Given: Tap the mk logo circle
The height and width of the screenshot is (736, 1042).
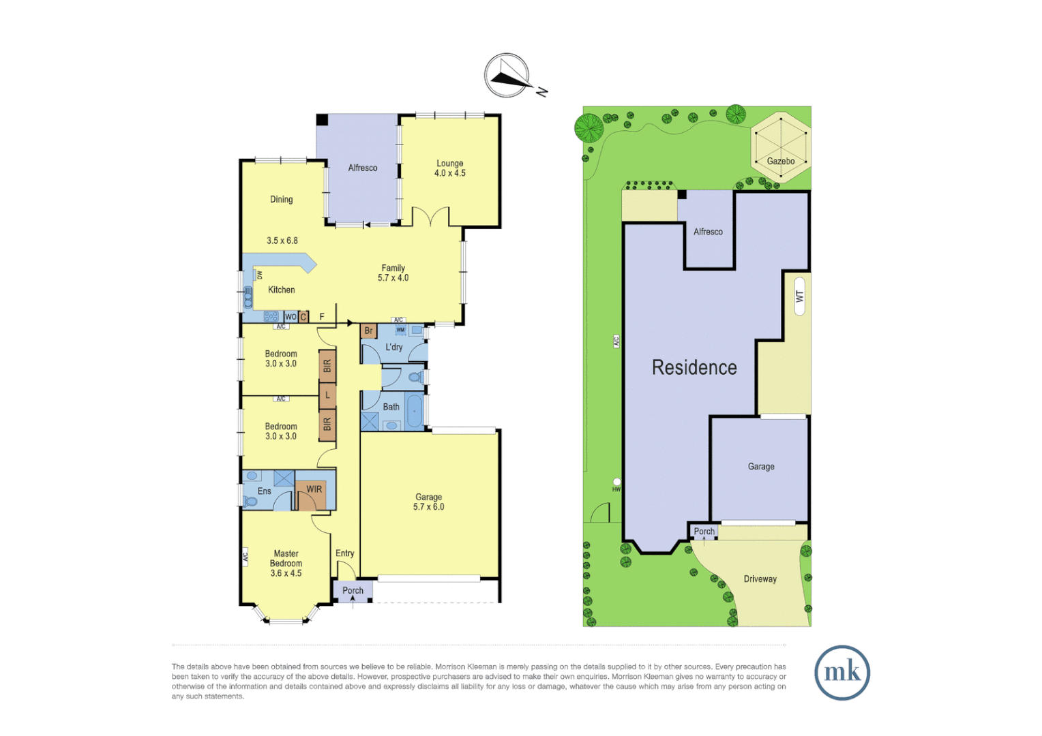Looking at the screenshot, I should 842,673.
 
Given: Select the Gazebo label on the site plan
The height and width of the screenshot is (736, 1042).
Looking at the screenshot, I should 780,162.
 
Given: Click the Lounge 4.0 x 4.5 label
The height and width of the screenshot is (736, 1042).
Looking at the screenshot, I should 449,168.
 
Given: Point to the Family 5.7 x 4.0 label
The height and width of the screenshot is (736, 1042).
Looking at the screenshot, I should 393,273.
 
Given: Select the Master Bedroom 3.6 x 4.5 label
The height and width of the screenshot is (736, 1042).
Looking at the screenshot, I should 286,563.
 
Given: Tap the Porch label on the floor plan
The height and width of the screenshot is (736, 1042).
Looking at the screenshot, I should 353,591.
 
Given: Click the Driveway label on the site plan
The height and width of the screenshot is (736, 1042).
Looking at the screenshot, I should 760,579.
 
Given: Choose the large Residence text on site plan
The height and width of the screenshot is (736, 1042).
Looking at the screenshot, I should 694,367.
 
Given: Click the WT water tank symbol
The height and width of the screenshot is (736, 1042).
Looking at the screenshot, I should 799,296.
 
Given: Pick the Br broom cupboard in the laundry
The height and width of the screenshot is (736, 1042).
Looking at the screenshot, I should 368,331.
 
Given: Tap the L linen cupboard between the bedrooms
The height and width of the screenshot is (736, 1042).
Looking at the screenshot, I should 327,395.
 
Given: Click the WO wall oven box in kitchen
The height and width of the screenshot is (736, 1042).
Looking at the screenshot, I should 291,317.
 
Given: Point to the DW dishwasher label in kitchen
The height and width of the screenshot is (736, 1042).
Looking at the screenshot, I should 259,275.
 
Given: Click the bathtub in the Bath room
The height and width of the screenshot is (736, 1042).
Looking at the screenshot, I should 414,412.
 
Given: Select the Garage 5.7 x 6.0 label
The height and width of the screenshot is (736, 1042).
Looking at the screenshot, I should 428,502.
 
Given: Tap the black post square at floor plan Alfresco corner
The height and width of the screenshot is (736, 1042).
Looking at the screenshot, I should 322,120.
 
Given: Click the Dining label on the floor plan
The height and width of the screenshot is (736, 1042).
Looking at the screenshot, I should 281,200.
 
